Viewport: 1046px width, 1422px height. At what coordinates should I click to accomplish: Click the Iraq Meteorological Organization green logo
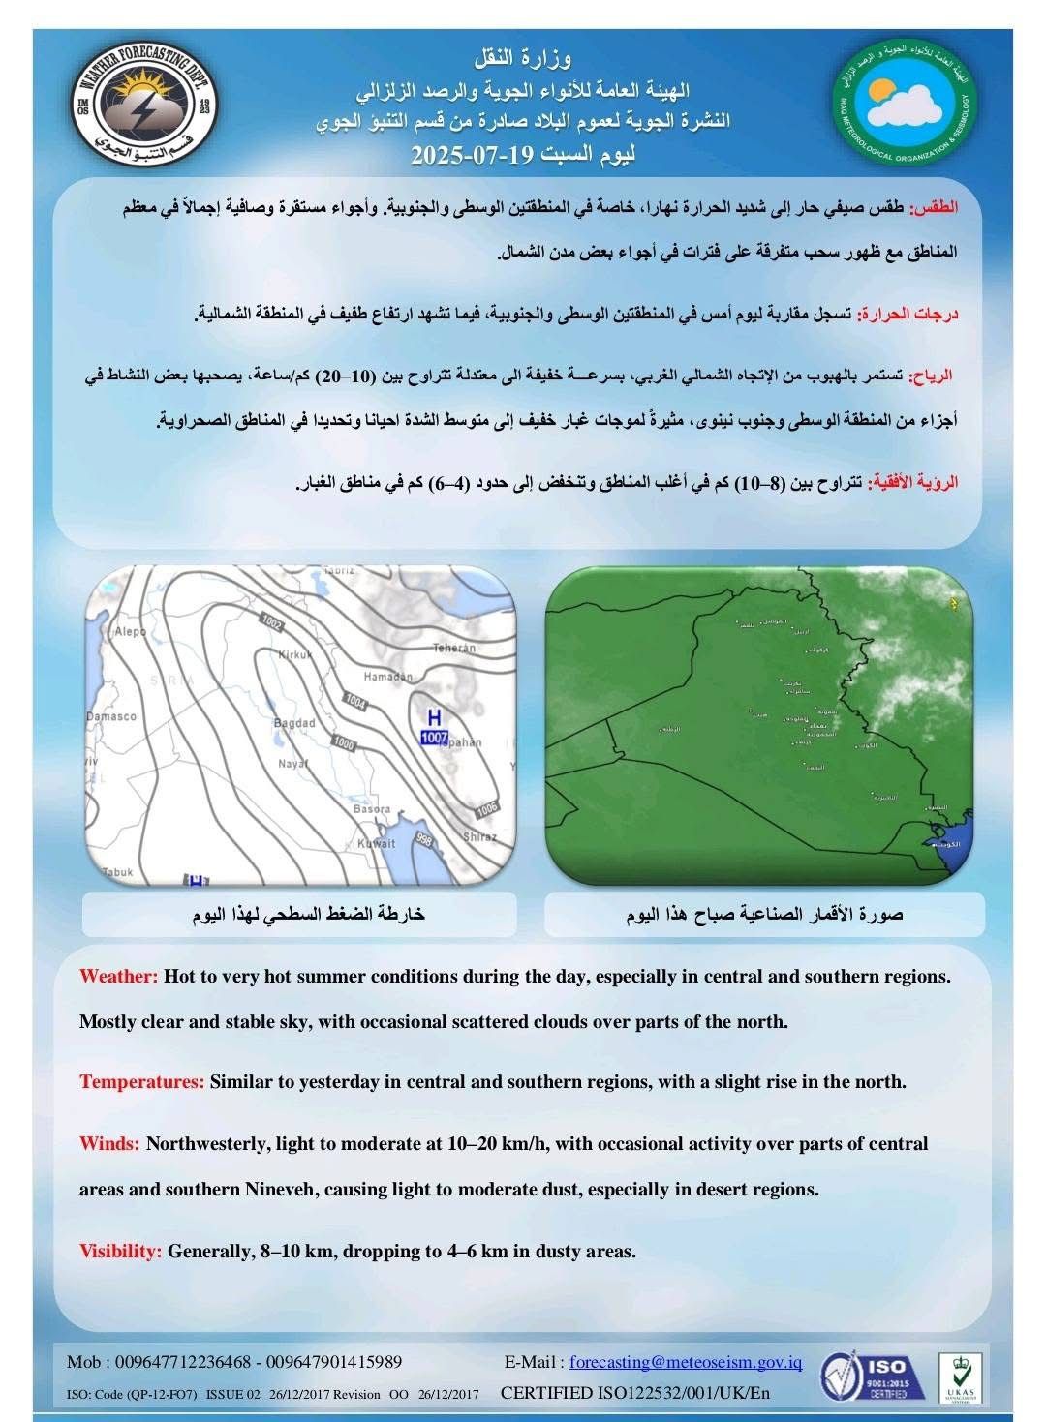[x=906, y=103]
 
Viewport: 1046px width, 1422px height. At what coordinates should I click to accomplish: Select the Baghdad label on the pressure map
[x=294, y=723]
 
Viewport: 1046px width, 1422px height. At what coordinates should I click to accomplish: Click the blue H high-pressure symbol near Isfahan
[x=435, y=717]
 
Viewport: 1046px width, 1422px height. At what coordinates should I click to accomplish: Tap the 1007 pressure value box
[x=434, y=739]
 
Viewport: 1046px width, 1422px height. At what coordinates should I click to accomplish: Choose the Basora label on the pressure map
[x=372, y=808]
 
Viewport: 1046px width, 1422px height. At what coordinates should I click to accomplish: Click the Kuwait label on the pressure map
[x=377, y=843]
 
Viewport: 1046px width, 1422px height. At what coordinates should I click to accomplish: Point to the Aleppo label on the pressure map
[x=130, y=631]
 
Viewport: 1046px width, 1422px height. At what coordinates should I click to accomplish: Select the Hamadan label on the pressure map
[x=387, y=677]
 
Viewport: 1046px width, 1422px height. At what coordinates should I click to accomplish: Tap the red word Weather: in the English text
[x=118, y=976]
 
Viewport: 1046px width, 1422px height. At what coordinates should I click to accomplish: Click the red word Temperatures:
[x=141, y=1081]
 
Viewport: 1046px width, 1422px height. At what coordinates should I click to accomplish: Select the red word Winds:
[x=110, y=1143]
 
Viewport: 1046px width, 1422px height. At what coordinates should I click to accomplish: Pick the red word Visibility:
[x=120, y=1251]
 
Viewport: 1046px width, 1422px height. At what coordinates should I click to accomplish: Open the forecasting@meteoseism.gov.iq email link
[x=686, y=1362]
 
